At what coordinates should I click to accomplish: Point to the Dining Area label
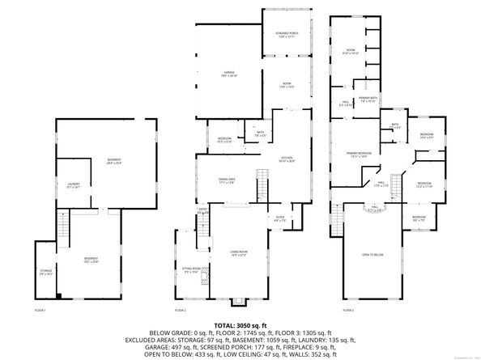click(227, 180)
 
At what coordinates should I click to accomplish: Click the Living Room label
click(239, 254)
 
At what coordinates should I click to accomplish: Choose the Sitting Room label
click(193, 270)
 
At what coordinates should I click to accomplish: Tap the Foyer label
click(279, 218)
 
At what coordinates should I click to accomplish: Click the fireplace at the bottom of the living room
click(238, 302)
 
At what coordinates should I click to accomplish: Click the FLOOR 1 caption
click(40, 311)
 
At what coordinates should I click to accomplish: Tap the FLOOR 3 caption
click(348, 311)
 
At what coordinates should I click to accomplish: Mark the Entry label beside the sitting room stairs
click(202, 212)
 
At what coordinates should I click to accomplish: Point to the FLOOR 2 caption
click(181, 311)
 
